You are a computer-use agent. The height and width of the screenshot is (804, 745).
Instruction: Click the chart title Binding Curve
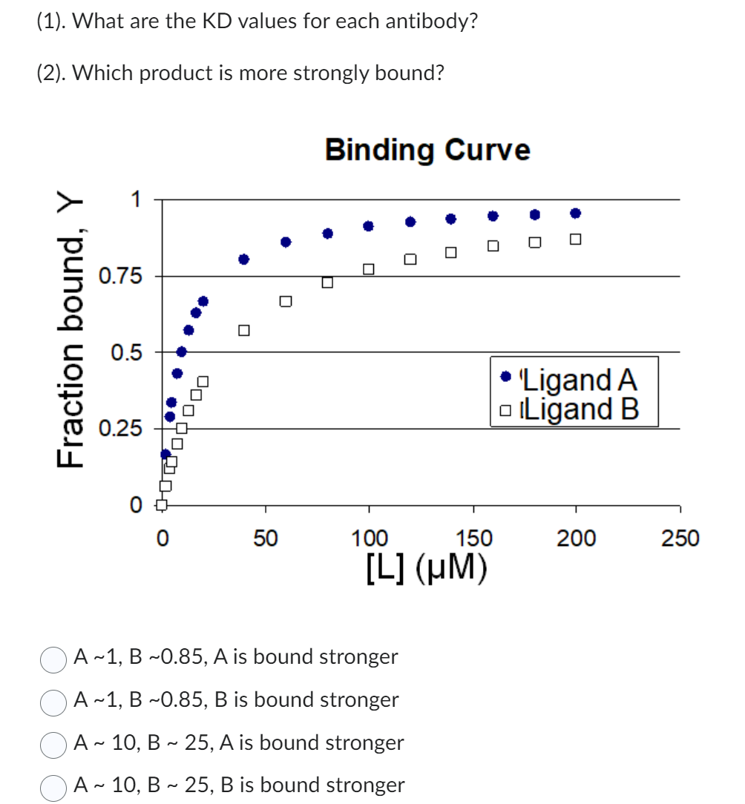tap(427, 150)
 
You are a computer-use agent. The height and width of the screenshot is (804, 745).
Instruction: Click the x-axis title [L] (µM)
tap(427, 567)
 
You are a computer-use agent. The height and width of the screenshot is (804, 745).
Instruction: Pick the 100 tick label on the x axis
tap(369, 538)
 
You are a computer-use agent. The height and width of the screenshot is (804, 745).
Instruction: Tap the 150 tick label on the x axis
tap(473, 538)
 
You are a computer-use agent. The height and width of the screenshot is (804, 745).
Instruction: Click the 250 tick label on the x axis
tap(680, 538)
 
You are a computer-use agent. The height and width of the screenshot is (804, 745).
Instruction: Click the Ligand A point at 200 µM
tap(575, 213)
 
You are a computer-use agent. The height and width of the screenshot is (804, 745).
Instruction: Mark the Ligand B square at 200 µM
tap(575, 240)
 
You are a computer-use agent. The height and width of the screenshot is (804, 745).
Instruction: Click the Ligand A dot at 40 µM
tap(244, 259)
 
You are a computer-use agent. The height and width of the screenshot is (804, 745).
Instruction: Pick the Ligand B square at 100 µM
tap(369, 268)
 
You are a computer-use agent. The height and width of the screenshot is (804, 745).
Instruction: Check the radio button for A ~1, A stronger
tap(54, 659)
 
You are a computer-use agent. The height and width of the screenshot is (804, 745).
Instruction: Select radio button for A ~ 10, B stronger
tap(54, 786)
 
